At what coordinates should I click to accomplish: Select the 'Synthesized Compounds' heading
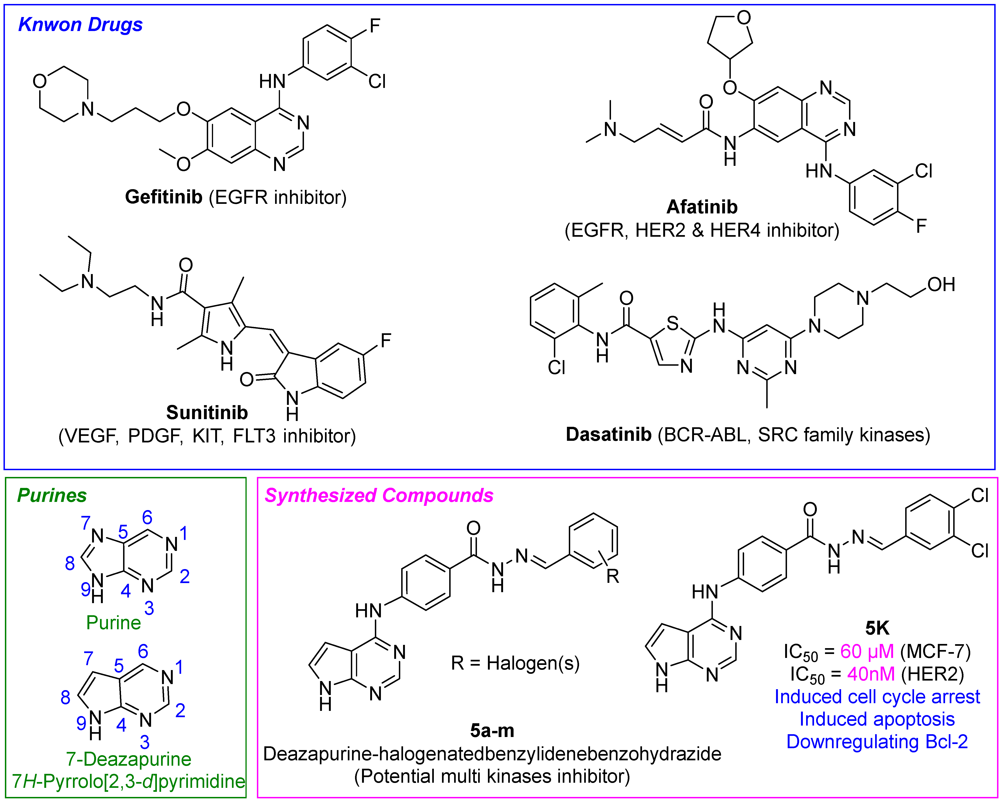tap(378, 496)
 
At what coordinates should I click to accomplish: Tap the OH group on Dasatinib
tap(941, 285)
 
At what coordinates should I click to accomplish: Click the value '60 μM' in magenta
tap(867, 652)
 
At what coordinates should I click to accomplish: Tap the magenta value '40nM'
tap(870, 674)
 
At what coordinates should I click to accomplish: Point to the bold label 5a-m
tap(492, 730)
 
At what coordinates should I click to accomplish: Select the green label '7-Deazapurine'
tap(128, 759)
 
